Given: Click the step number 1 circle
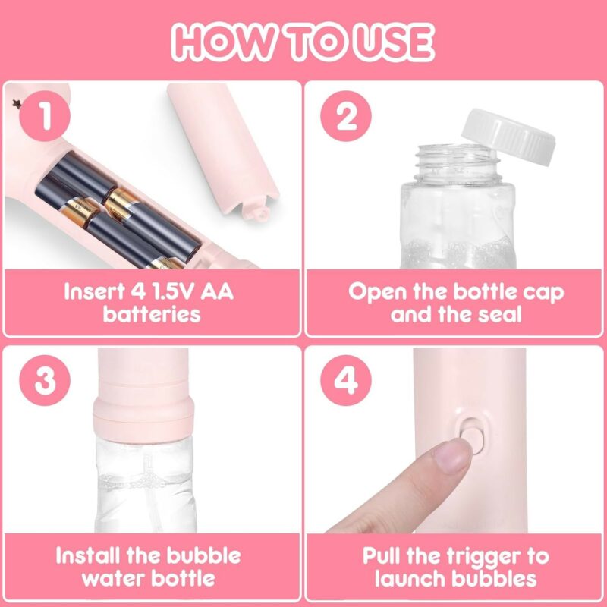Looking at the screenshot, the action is [45, 116].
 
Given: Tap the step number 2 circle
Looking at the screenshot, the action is [346, 116].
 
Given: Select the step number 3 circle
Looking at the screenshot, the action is [45, 380].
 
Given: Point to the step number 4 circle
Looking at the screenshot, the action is [346, 380].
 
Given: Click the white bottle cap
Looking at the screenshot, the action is [508, 137].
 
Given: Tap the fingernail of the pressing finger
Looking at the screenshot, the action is [451, 457].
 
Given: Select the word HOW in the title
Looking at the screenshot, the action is [220, 42].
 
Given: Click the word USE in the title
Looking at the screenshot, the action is [394, 42].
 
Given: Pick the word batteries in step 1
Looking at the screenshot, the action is [152, 314].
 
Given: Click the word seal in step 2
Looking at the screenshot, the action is [500, 314].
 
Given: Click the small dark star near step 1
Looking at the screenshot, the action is [17, 104].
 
